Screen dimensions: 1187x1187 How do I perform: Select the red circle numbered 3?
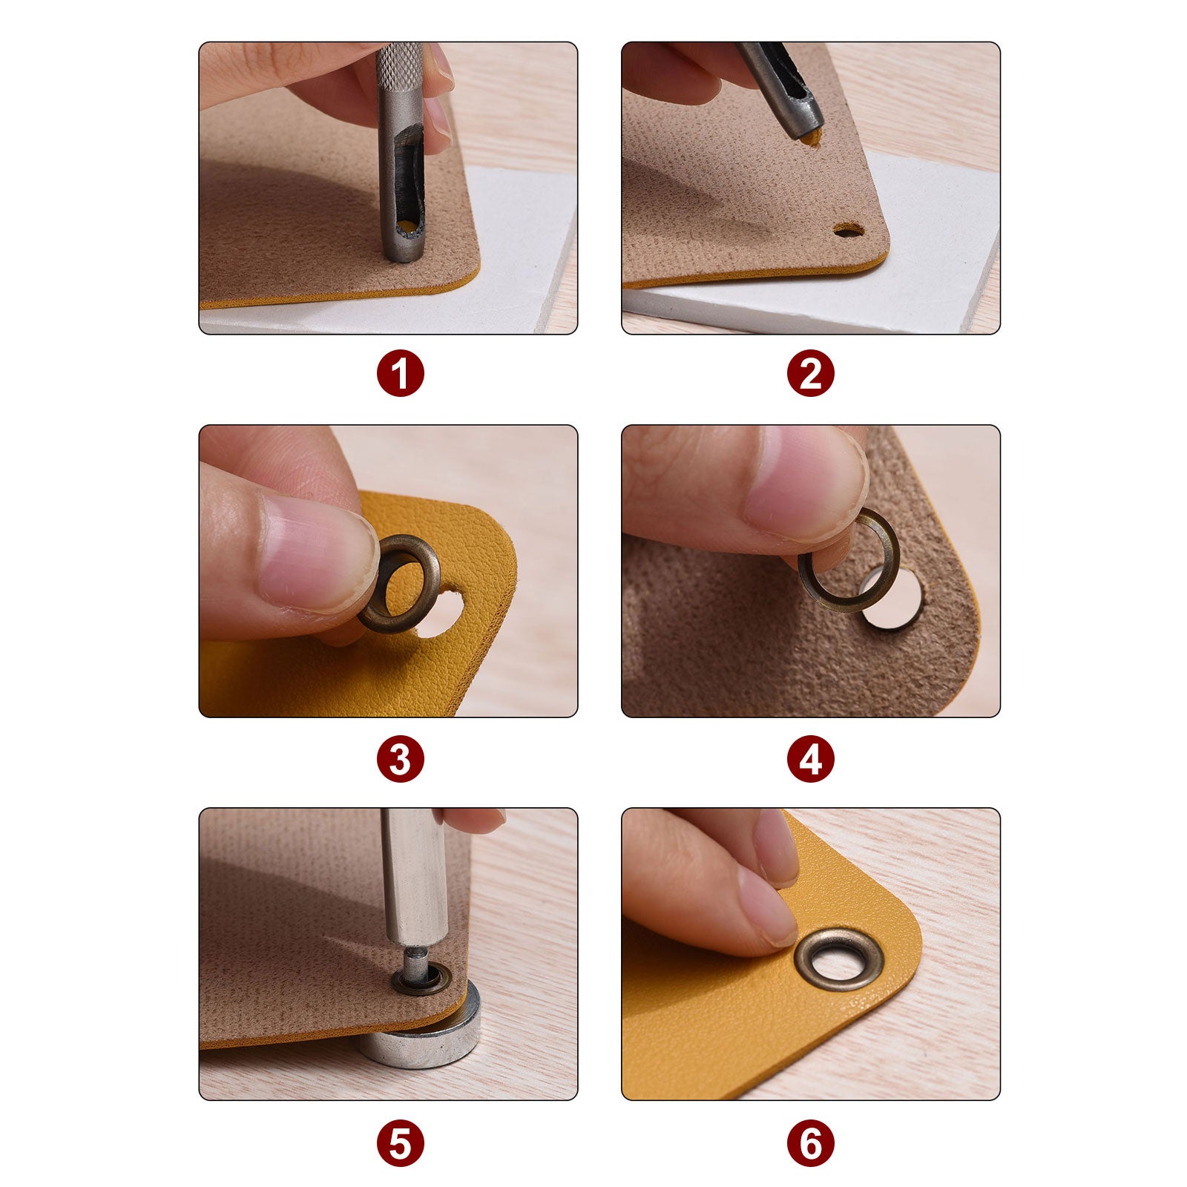click(401, 759)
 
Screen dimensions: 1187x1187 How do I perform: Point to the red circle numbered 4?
click(811, 759)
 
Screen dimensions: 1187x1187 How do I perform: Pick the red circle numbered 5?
click(401, 1143)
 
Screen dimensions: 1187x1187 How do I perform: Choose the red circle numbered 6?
click(811, 1143)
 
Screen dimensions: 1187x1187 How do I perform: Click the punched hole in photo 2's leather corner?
click(848, 231)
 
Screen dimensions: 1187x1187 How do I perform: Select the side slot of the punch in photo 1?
click(407, 182)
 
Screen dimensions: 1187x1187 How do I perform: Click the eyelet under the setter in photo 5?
click(421, 979)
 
